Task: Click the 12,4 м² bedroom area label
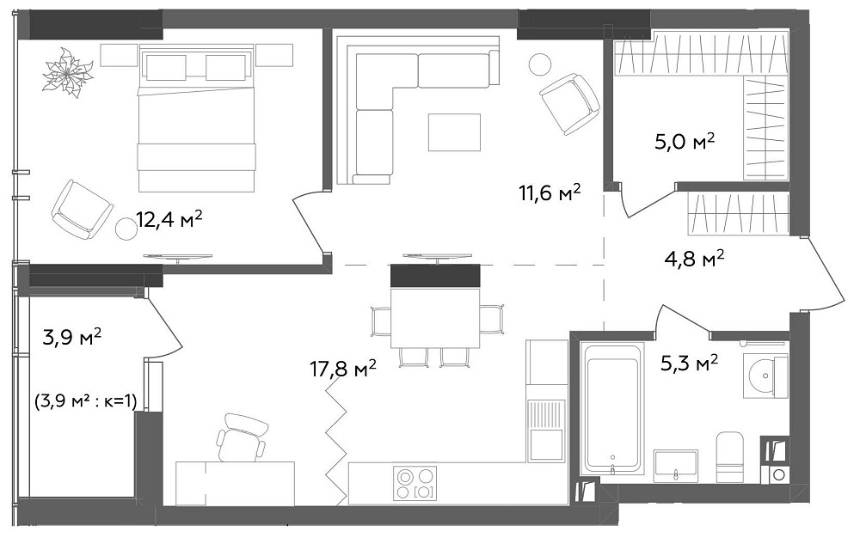tap(169, 220)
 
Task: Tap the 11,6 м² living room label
tap(550, 192)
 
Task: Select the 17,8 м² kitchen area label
tap(343, 370)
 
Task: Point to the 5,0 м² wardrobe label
tap(685, 142)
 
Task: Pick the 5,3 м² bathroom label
tap(690, 363)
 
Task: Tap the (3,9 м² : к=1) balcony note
tap(85, 402)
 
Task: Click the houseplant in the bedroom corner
tap(68, 72)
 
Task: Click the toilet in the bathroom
tap(730, 457)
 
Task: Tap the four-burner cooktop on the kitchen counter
tap(415, 483)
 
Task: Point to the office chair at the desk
tap(240, 437)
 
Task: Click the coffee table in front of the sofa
tap(454, 132)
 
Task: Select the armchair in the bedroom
tap(83, 210)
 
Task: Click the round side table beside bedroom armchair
tap(126, 229)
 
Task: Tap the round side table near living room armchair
tap(540, 64)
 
